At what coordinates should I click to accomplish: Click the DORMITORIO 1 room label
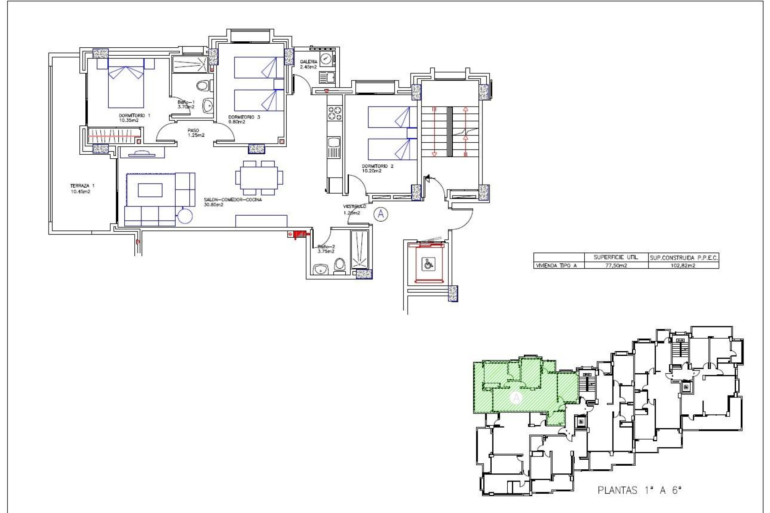[x=134, y=117]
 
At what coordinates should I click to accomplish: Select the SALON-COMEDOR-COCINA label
[x=232, y=202]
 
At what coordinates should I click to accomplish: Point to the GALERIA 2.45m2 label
[x=308, y=64]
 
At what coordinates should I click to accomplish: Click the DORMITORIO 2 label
[x=377, y=168]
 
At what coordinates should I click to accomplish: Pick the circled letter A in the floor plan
[x=381, y=214]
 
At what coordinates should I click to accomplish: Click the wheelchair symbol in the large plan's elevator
[x=429, y=264]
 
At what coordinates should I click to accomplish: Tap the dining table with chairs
[x=259, y=178]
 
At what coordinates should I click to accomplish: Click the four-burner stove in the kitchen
[x=335, y=113]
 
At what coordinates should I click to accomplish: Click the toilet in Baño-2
[x=340, y=265]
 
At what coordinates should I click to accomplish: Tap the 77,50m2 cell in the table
[x=616, y=265]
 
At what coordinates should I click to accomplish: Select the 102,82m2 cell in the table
[x=683, y=265]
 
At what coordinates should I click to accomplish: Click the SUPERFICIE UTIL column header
[x=616, y=257]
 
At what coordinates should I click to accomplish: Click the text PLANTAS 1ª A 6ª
[x=639, y=490]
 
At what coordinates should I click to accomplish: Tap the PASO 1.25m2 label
[x=195, y=133]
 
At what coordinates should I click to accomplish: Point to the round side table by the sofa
[x=185, y=216]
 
